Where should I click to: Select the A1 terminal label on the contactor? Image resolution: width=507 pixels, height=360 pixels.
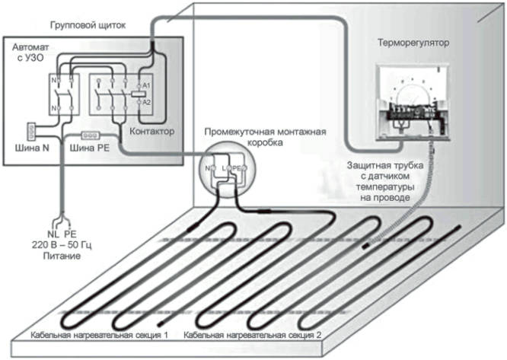[x=148, y=86]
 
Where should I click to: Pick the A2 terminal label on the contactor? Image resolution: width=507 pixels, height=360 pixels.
[x=148, y=101]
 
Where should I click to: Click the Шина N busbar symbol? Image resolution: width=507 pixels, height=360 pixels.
[x=33, y=132]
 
